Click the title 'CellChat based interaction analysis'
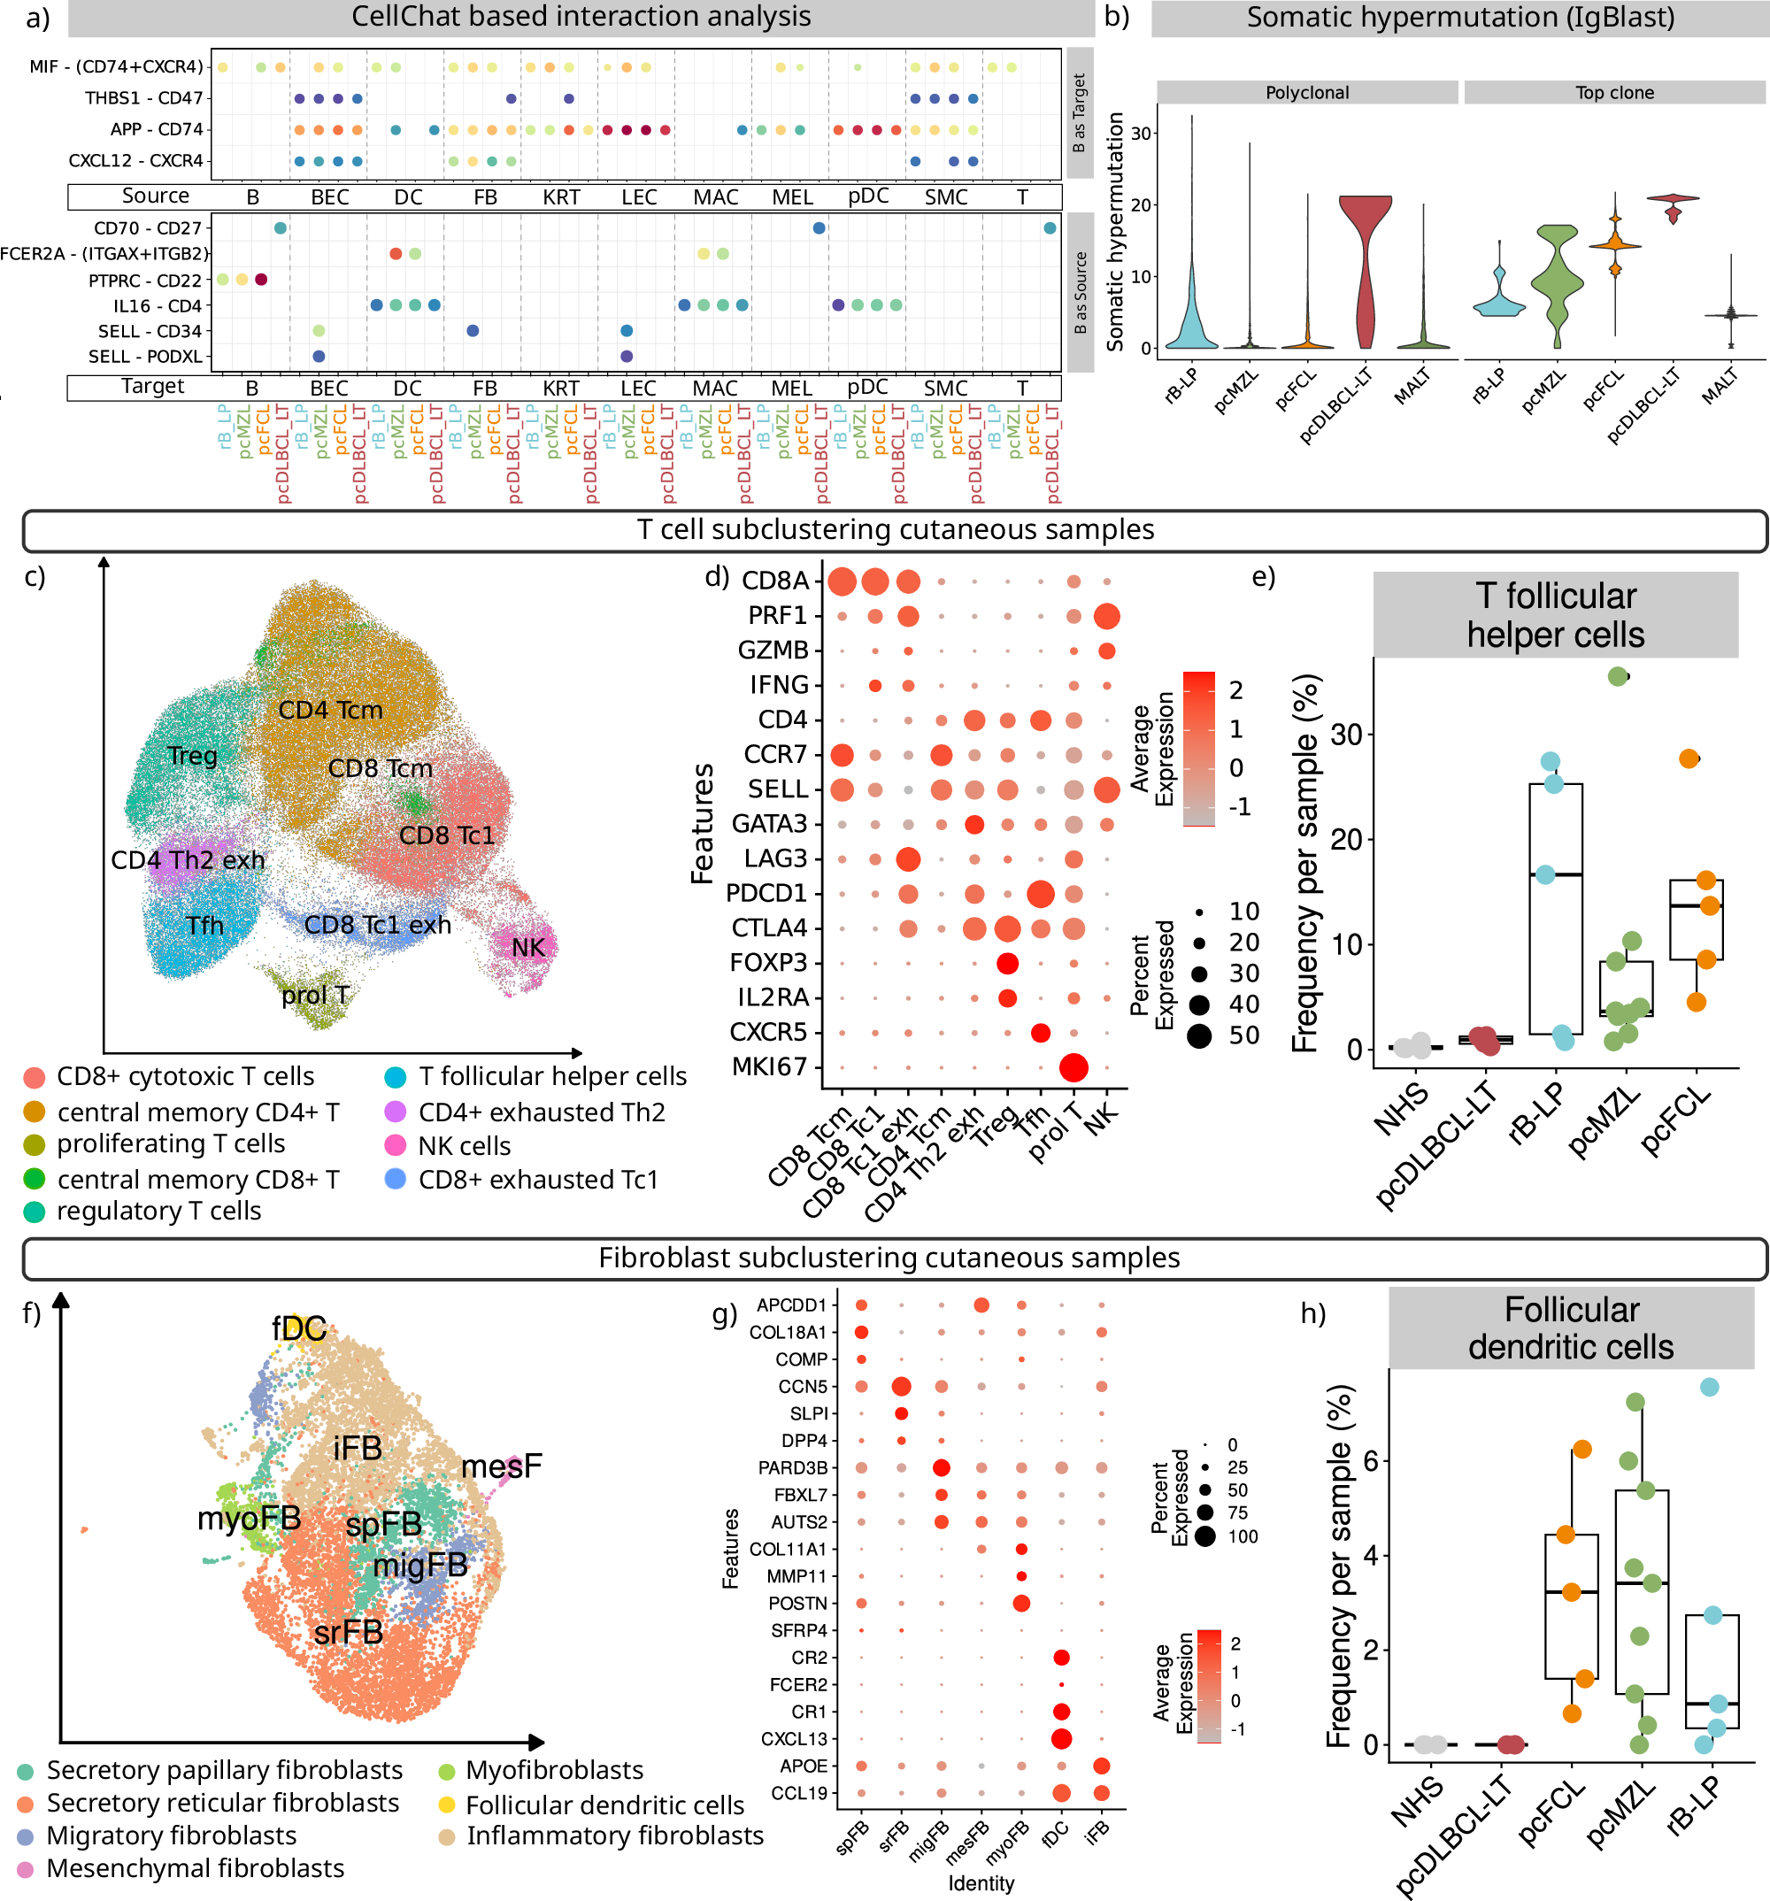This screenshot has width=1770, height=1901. (581, 17)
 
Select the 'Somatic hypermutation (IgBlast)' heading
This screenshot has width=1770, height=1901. (1459, 17)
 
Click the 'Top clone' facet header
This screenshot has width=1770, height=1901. (1614, 93)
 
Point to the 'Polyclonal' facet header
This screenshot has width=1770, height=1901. (1306, 93)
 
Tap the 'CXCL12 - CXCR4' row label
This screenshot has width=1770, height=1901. (135, 161)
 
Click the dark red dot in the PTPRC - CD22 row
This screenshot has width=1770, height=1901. (261, 280)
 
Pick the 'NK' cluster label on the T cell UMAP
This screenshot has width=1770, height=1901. (527, 948)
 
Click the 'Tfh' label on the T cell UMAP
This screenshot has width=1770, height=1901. (204, 926)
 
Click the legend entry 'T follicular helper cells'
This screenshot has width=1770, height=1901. (551, 1077)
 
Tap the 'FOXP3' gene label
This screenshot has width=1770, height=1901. (769, 963)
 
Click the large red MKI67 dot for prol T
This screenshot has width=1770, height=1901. (1073, 1067)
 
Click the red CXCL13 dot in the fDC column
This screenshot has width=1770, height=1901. (1060, 1738)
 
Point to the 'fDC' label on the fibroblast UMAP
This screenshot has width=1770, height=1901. (299, 1328)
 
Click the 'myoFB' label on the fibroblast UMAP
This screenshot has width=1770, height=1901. (249, 1518)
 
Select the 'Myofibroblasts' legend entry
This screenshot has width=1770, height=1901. (554, 1770)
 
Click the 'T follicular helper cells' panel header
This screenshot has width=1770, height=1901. (1555, 615)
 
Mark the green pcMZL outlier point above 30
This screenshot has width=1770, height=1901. (1617, 677)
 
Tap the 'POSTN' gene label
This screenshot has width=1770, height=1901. (797, 1603)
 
